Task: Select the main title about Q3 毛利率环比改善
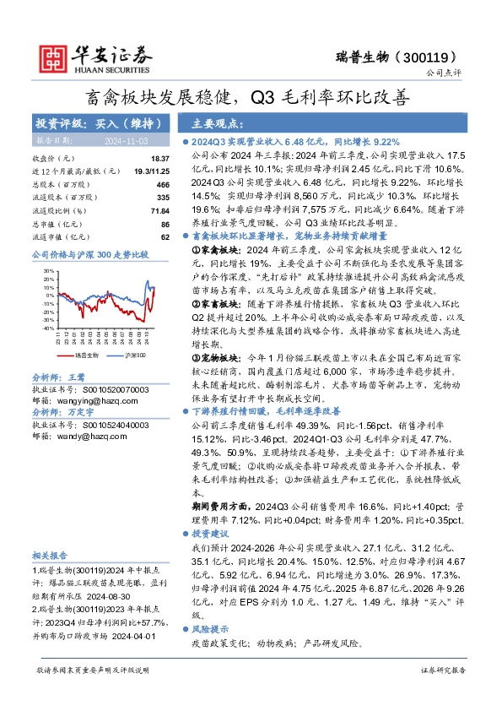[x=251, y=97]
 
